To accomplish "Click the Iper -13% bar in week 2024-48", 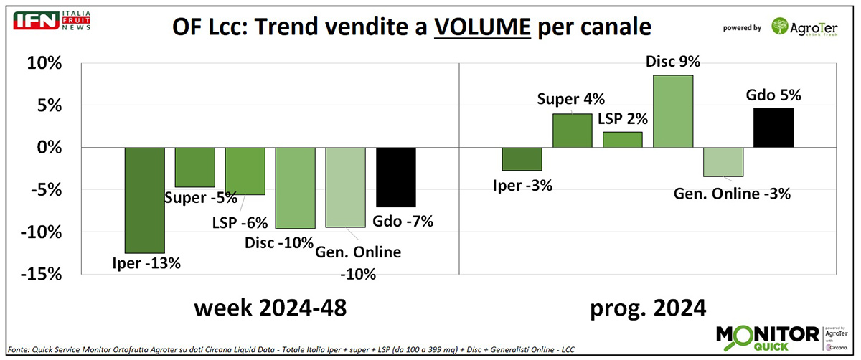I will tap(145, 200).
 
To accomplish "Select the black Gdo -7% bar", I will tap(396, 176).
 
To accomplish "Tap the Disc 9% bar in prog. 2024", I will tap(672, 111).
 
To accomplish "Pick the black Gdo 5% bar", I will tap(773, 128).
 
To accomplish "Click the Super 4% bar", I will tap(572, 131).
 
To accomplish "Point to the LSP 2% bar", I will tap(622, 139).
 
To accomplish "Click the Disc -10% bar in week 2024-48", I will tap(296, 188).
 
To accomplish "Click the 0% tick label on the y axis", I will tap(48, 148).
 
